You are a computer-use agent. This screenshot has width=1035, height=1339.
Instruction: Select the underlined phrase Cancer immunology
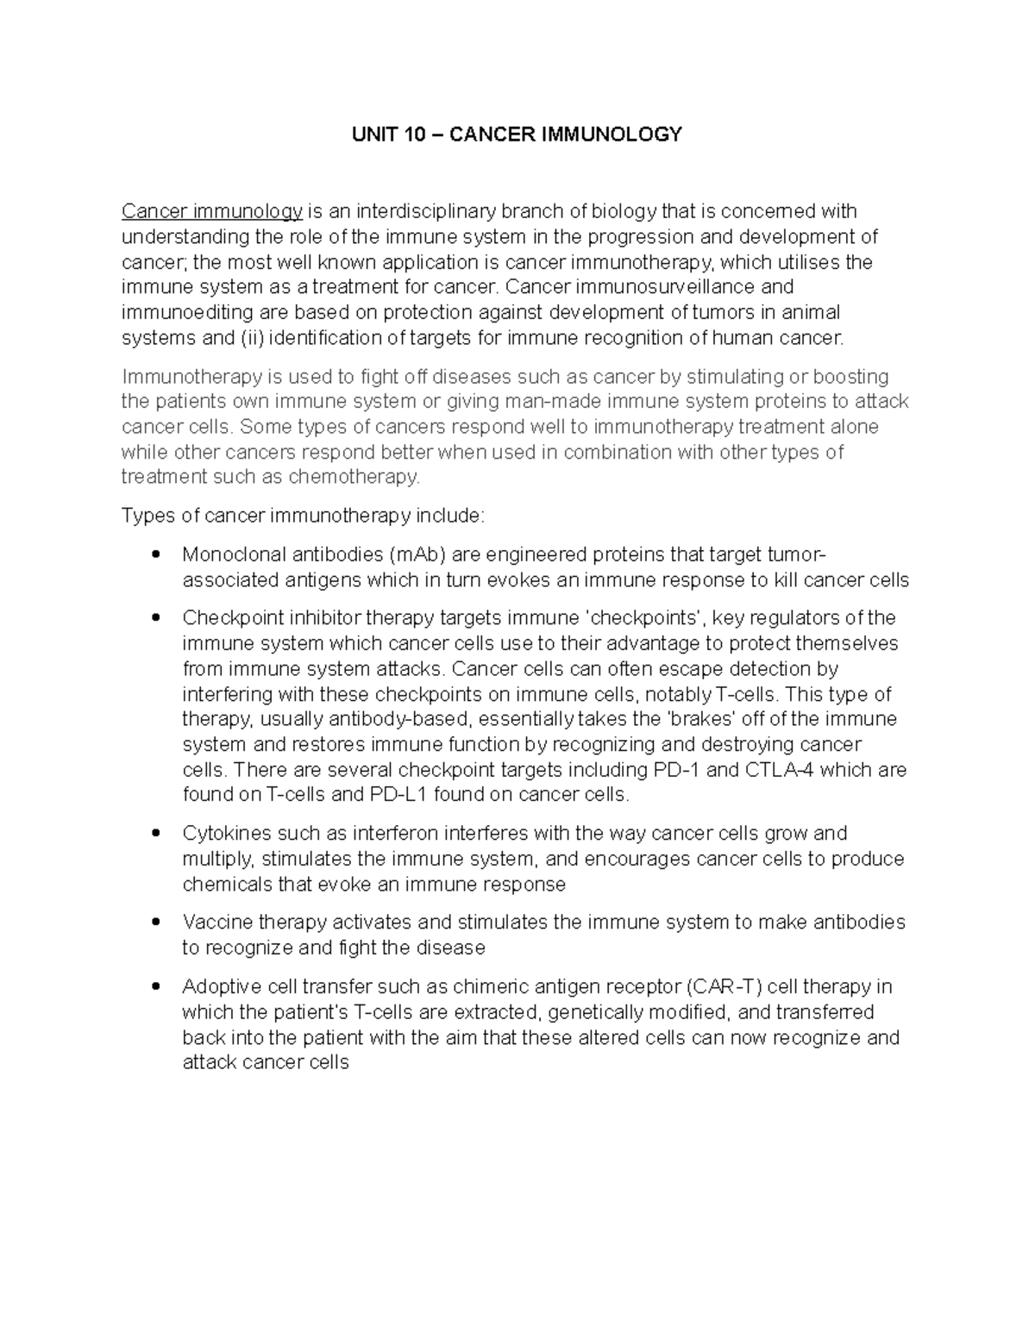(x=212, y=211)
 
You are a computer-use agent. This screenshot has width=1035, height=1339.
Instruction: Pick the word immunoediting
(x=178, y=312)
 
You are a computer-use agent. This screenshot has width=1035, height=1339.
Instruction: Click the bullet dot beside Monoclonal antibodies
(x=155, y=554)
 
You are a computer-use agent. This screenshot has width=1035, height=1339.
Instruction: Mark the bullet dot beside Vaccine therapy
(x=155, y=923)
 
